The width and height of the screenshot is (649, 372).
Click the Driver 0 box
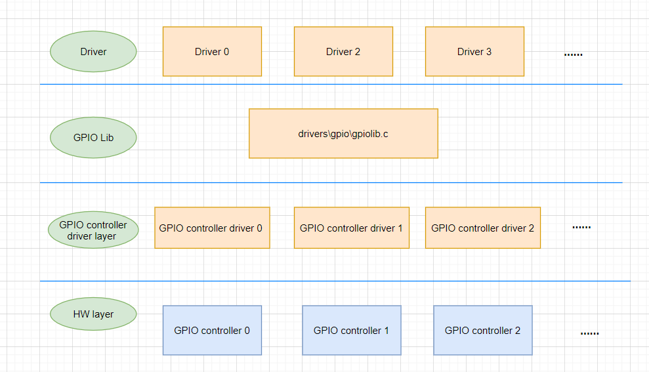[x=212, y=51]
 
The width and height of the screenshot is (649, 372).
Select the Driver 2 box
[x=343, y=51]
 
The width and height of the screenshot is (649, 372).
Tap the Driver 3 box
[x=474, y=51]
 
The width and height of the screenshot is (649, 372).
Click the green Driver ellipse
[x=93, y=52]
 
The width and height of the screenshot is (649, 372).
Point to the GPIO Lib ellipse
[x=93, y=138]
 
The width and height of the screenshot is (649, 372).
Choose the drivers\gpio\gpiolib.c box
[x=343, y=133]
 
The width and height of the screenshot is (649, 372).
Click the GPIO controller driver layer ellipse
[x=93, y=230]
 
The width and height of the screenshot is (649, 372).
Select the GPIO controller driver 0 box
[x=212, y=228]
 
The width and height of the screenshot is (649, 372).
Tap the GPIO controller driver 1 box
[x=351, y=228]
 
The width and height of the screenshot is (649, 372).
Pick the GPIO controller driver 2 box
[x=482, y=228]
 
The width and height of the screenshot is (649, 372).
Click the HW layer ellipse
[x=93, y=314]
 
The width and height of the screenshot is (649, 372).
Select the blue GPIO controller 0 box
[x=212, y=330]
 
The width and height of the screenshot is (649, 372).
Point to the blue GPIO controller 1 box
[x=351, y=330]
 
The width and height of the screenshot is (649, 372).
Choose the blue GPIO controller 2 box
[x=482, y=330]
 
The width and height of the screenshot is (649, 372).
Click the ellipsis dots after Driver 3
[x=573, y=54]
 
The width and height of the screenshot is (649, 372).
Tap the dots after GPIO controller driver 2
[x=581, y=228]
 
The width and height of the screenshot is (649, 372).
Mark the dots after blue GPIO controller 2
[x=589, y=333]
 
